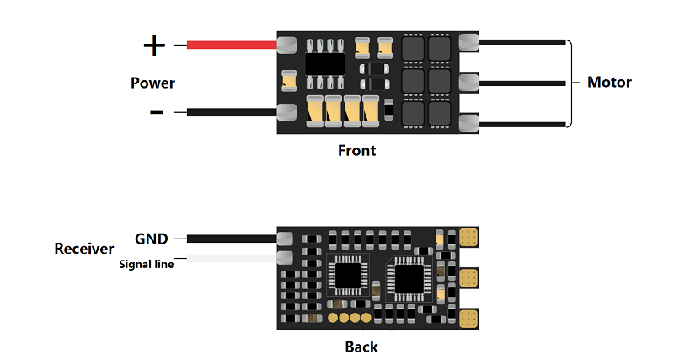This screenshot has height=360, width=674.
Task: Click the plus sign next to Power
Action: (154, 44)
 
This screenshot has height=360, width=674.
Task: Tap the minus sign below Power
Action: (156, 111)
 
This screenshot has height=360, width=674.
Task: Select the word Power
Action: (152, 83)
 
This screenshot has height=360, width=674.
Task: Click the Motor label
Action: (609, 83)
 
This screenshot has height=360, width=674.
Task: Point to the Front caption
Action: (356, 151)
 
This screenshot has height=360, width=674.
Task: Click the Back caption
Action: (361, 347)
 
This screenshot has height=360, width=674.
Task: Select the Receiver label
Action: (84, 249)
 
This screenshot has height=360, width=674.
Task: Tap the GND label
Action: (152, 239)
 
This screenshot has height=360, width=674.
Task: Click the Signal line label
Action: (147, 264)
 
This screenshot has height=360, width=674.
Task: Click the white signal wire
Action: (232, 258)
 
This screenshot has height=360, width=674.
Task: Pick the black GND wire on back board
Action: (232, 239)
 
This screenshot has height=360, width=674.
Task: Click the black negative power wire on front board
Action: (232, 111)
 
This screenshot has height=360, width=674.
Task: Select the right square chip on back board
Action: (408, 277)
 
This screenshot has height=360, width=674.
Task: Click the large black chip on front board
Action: (324, 63)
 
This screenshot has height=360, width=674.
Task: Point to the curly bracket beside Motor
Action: (570, 83)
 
